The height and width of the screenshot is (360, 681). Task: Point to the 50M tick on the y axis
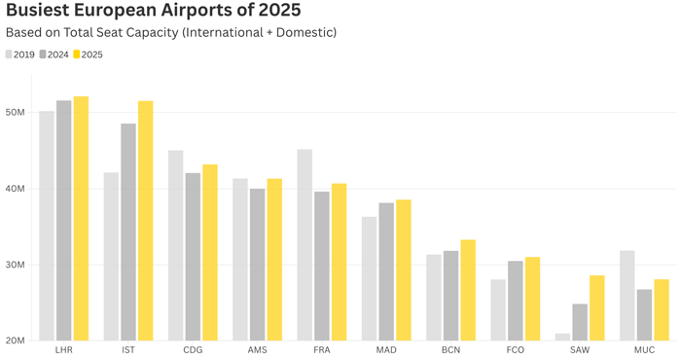(x=18, y=112)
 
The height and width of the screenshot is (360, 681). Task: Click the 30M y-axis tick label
(x=18, y=265)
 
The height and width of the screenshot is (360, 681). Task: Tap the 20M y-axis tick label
(x=18, y=341)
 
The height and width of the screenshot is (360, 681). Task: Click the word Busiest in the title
(x=38, y=12)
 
